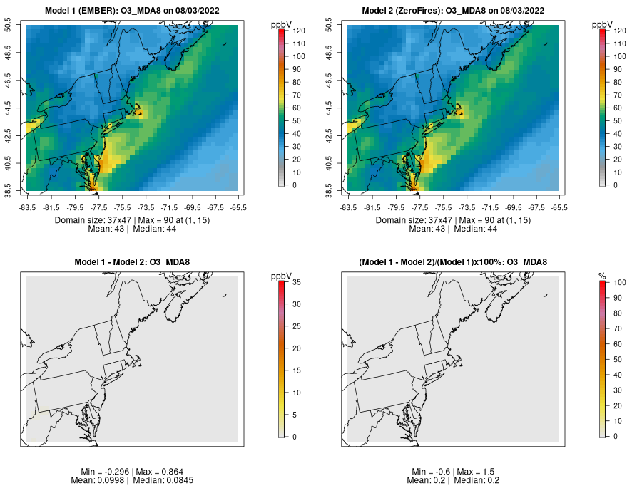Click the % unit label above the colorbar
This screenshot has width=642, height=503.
pyautogui.click(x=602, y=276)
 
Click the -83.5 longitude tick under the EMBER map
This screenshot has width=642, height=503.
pyautogui.click(x=28, y=208)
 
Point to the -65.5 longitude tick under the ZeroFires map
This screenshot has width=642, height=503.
pyautogui.click(x=559, y=208)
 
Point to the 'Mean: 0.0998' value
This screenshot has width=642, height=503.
pyautogui.click(x=99, y=480)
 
